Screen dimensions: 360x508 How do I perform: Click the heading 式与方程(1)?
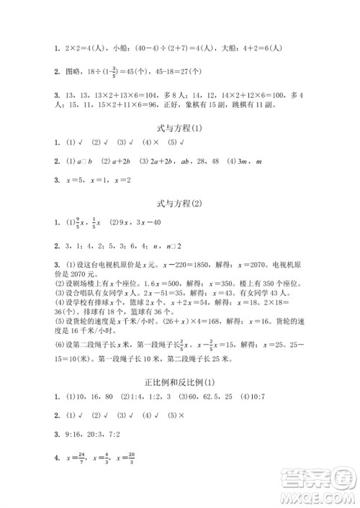tap(180, 129)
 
